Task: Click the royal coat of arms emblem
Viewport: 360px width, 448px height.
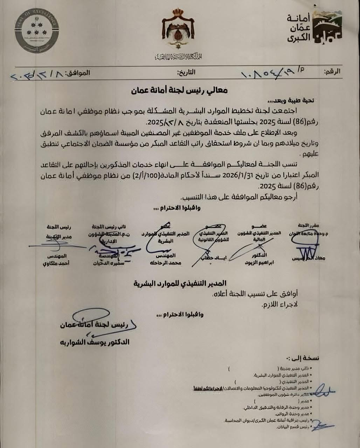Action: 180,30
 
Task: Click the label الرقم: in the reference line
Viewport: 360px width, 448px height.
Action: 332,71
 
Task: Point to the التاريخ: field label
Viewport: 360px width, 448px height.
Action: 186,73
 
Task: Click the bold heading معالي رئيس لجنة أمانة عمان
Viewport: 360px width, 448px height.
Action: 179,90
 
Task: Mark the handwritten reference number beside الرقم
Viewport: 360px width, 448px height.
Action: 270,73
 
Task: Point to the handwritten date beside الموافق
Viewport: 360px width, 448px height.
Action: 35,75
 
